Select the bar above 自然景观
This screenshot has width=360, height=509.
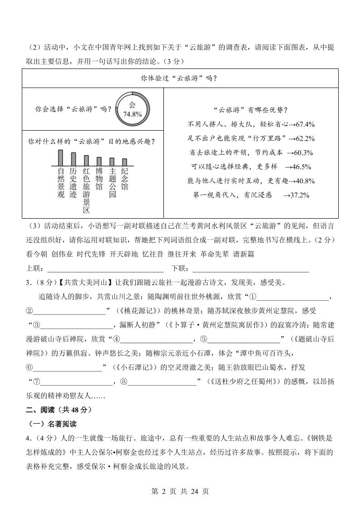[60, 158]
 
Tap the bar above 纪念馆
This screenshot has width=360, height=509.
[124, 162]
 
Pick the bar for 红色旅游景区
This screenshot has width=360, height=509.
[86, 161]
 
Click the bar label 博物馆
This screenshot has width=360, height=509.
[99, 179]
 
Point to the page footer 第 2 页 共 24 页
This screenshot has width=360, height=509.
[180, 491]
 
